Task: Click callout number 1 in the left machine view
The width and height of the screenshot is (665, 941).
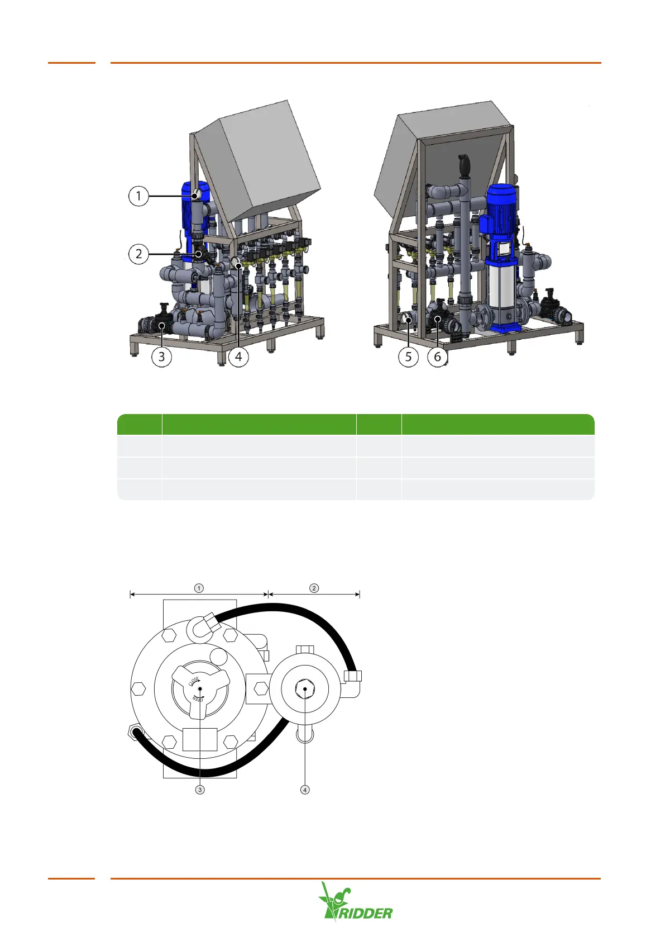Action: coord(138,196)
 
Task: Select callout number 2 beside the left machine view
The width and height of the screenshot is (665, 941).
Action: coord(138,254)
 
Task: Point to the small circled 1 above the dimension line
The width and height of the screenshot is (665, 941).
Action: coord(199,588)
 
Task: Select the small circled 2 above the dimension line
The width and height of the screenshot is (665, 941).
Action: coord(314,588)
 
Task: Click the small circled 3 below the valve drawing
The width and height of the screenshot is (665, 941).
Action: coord(200,790)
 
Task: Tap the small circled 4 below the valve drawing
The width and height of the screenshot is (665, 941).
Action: coord(305,790)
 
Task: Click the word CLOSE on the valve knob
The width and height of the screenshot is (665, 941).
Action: coord(194,681)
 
